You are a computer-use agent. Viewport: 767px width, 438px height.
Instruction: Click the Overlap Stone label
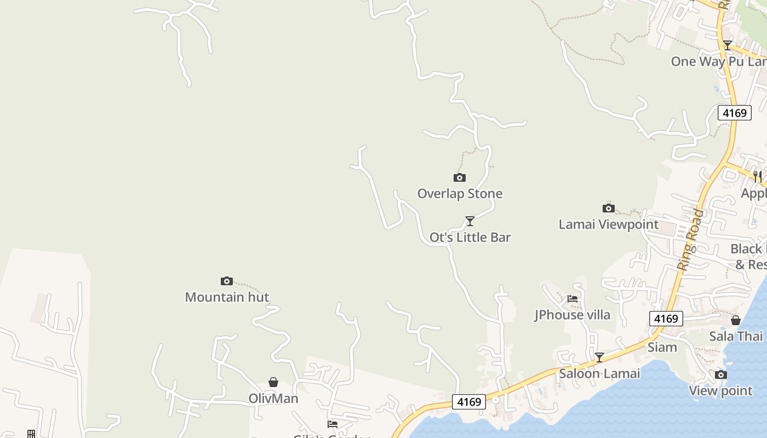pyautogui.click(x=460, y=194)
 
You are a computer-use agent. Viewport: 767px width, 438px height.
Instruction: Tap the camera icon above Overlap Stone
pyautogui.click(x=460, y=177)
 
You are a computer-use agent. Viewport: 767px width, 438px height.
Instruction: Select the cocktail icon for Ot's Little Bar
pyautogui.click(x=470, y=221)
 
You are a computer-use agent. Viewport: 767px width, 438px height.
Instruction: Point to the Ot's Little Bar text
pyautogui.click(x=470, y=238)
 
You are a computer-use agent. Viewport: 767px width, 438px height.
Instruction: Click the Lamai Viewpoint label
pyautogui.click(x=608, y=224)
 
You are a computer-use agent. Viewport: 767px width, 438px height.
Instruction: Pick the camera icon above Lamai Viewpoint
pyautogui.click(x=608, y=208)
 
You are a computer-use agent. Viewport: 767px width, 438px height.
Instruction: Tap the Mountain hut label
pyautogui.click(x=227, y=297)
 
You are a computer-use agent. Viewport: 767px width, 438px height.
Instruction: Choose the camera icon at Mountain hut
pyautogui.click(x=227, y=281)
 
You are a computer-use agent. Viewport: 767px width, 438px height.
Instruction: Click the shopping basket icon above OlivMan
pyautogui.click(x=273, y=382)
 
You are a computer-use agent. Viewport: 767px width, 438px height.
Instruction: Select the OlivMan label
pyautogui.click(x=273, y=399)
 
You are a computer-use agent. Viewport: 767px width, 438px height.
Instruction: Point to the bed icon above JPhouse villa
pyautogui.click(x=573, y=299)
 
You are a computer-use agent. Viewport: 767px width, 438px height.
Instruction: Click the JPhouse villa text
pyautogui.click(x=573, y=315)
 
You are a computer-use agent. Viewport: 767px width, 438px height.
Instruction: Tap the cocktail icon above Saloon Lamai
pyautogui.click(x=599, y=358)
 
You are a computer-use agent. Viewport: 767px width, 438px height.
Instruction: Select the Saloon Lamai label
pyautogui.click(x=599, y=374)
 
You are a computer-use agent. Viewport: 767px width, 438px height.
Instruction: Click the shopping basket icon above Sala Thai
pyautogui.click(x=736, y=320)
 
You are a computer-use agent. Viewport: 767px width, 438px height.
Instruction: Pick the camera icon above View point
pyautogui.click(x=721, y=374)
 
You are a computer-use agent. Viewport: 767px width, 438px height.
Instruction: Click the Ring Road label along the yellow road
pyautogui.click(x=690, y=239)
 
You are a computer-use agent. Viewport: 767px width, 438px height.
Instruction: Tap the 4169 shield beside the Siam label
pyautogui.click(x=666, y=319)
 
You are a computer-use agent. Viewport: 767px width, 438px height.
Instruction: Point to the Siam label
pyautogui.click(x=662, y=348)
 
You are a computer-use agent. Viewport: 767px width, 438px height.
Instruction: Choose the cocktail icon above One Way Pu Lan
pyautogui.click(x=727, y=45)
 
